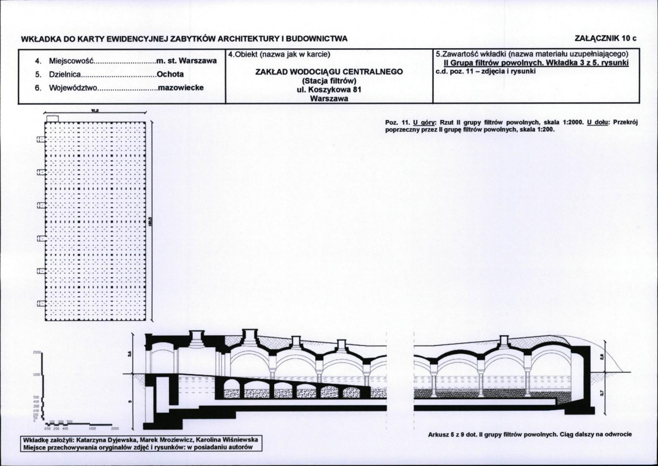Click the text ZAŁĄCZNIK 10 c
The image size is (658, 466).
(x=606, y=38)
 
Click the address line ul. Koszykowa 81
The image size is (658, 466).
(x=329, y=90)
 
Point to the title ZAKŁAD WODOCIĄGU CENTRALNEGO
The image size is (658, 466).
(x=329, y=72)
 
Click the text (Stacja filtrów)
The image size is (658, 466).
(x=329, y=81)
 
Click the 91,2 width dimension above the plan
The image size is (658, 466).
(x=94, y=111)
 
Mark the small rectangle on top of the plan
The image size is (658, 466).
(x=53, y=118)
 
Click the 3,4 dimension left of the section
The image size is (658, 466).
(x=130, y=354)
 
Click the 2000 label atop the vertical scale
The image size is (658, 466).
(x=37, y=352)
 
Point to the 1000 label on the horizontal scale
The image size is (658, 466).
(x=93, y=429)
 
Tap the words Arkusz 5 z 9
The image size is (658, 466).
(x=445, y=435)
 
